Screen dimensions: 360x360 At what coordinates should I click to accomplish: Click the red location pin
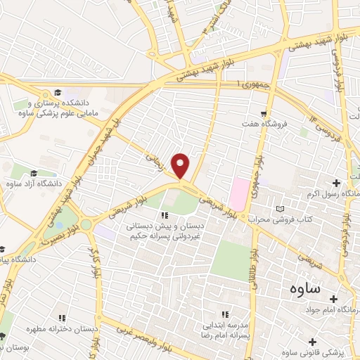click(181, 165)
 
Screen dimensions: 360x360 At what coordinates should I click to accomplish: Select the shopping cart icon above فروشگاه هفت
click(264, 114)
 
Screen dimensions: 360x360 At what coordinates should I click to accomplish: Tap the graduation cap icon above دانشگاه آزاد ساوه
click(33, 174)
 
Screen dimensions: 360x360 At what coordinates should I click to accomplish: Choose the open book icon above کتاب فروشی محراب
click(281, 209)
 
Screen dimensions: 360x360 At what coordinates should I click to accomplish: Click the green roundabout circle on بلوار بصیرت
click(86, 224)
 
